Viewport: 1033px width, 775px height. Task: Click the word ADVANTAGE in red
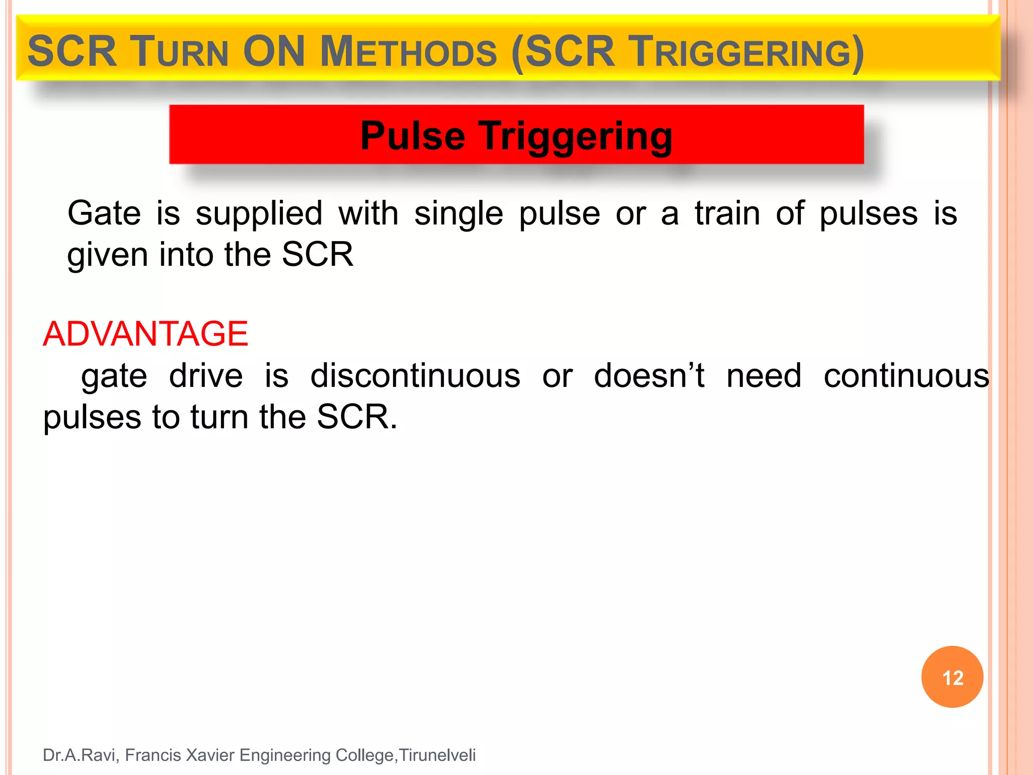click(x=145, y=334)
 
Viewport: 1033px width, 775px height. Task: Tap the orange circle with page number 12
click(x=952, y=677)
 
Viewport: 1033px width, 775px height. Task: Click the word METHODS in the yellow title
click(x=409, y=52)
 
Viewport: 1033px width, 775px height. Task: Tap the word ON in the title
click(x=274, y=51)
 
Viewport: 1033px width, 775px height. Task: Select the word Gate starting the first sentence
click(x=104, y=213)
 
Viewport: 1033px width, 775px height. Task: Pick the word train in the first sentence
click(x=727, y=213)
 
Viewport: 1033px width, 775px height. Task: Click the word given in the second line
click(x=107, y=255)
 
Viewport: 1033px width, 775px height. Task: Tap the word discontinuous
click(x=415, y=376)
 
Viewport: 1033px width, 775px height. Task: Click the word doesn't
click(x=649, y=376)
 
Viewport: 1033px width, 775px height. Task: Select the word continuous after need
click(x=906, y=376)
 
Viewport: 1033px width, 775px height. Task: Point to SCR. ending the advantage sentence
click(x=357, y=417)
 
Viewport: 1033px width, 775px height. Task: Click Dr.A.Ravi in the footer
click(x=81, y=755)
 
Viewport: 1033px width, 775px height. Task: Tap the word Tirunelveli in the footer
click(x=437, y=755)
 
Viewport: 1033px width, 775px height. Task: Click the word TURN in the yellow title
click(x=180, y=52)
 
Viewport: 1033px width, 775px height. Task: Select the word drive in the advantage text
click(x=206, y=376)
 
